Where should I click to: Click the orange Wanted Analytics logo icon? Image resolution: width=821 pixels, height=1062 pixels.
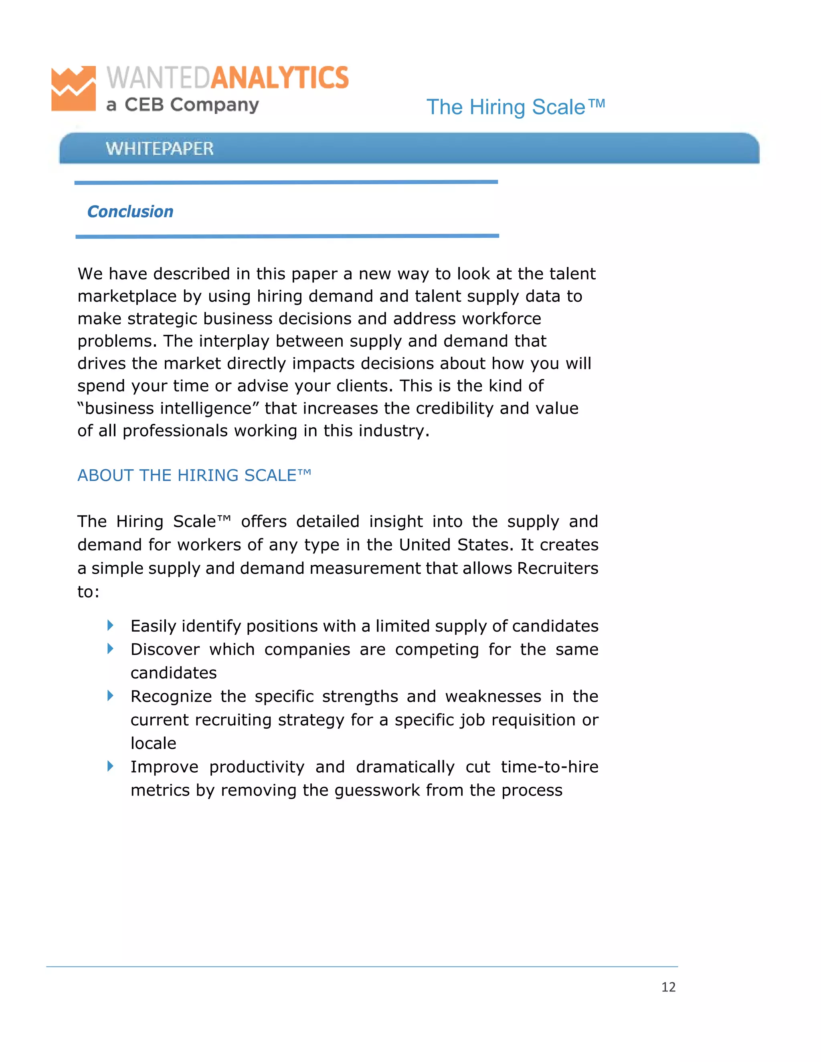(x=73, y=89)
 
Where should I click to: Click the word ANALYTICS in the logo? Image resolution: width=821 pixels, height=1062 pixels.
(x=280, y=78)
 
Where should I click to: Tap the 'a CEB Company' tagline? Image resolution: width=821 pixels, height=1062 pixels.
(x=182, y=105)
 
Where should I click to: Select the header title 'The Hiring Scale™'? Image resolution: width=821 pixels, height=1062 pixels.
(x=516, y=107)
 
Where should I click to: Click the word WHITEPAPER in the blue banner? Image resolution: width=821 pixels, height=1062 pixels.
(x=160, y=148)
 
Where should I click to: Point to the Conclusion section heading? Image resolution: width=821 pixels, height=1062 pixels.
(x=130, y=212)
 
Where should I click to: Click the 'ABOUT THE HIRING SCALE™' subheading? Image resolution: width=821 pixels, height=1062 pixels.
(x=194, y=475)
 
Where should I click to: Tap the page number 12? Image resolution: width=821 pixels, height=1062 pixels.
(x=668, y=987)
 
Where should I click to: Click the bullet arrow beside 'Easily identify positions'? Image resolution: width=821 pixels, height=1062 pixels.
(x=110, y=625)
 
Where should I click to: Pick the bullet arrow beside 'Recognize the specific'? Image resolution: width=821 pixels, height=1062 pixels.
(x=110, y=695)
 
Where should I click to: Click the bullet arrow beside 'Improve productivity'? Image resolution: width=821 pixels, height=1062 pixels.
(x=110, y=766)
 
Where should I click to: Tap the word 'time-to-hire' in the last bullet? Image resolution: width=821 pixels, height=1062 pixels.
(x=550, y=767)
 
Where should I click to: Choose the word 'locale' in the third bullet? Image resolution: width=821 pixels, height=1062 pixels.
(x=153, y=743)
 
